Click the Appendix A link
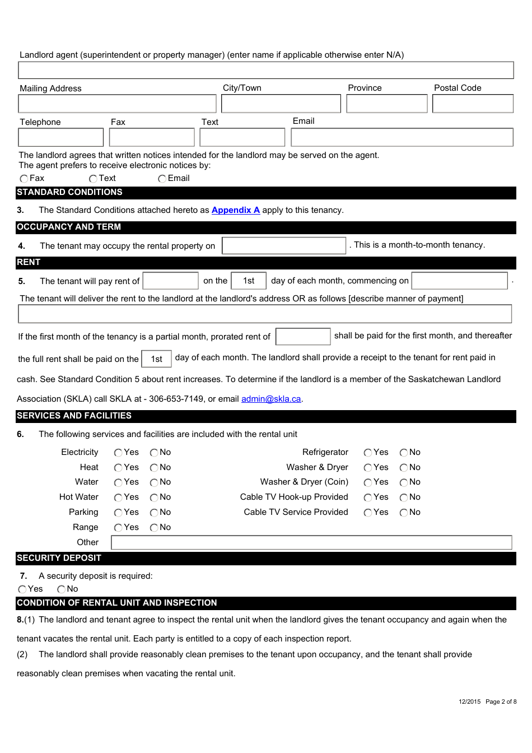click(x=235, y=210)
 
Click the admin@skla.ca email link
click(x=271, y=399)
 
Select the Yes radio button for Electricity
click(x=118, y=453)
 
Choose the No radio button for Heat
click(x=154, y=468)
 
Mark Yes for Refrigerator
click(x=368, y=453)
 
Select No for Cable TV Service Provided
click(x=404, y=513)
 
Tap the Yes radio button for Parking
click(x=118, y=513)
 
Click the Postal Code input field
click(x=473, y=104)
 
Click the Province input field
click(x=386, y=104)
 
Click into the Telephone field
click(x=60, y=137)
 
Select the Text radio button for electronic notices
click(x=93, y=179)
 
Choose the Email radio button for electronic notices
click(x=162, y=179)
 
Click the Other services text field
click(x=311, y=542)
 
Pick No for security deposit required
click(x=61, y=589)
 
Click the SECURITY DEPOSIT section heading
click(x=59, y=558)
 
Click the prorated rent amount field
click(x=303, y=337)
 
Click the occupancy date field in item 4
click(x=284, y=245)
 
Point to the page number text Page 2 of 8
click(x=501, y=701)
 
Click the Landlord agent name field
click(x=265, y=70)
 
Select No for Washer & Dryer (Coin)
click(x=404, y=482)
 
